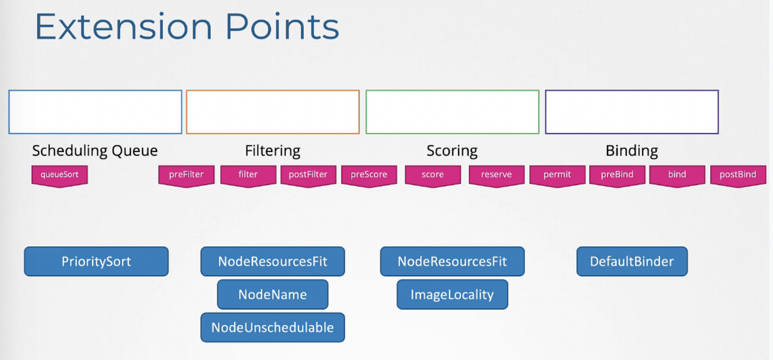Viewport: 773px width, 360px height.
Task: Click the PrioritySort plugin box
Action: (96, 262)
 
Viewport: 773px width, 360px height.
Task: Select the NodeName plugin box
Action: (273, 295)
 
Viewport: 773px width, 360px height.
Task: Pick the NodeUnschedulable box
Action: (273, 327)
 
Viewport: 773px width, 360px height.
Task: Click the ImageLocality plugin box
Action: (452, 295)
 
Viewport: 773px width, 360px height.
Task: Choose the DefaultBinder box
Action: (632, 262)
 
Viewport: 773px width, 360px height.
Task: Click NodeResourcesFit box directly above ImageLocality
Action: (452, 262)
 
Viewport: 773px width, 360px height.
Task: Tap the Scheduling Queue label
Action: (95, 151)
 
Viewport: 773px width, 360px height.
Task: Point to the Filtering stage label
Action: (273, 151)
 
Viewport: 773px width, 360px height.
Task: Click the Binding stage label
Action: (632, 151)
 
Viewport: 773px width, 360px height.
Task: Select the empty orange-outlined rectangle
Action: (273, 91)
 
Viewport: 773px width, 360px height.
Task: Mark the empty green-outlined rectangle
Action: (452, 91)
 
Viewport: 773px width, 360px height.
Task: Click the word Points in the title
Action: (282, 26)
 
